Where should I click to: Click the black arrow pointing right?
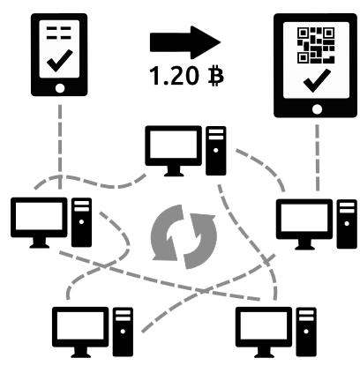tap(185, 42)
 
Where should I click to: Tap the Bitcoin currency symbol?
tap(215, 76)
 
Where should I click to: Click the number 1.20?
tap(174, 76)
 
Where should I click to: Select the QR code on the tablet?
tap(316, 45)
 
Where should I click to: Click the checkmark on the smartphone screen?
tap(60, 60)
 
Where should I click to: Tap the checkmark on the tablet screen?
tap(317, 81)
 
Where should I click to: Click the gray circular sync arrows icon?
tap(184, 237)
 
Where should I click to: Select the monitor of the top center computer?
tap(174, 151)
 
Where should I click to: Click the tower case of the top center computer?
tap(216, 151)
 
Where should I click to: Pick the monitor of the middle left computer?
tap(39, 223)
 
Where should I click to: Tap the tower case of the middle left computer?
tap(81, 222)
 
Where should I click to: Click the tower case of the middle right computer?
tap(347, 224)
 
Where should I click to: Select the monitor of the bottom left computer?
tap(80, 332)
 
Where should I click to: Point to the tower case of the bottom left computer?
tap(123, 332)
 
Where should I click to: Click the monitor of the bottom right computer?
tap(264, 332)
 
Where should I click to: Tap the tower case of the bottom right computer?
tap(306, 332)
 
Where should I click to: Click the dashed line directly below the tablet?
tap(318, 158)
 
